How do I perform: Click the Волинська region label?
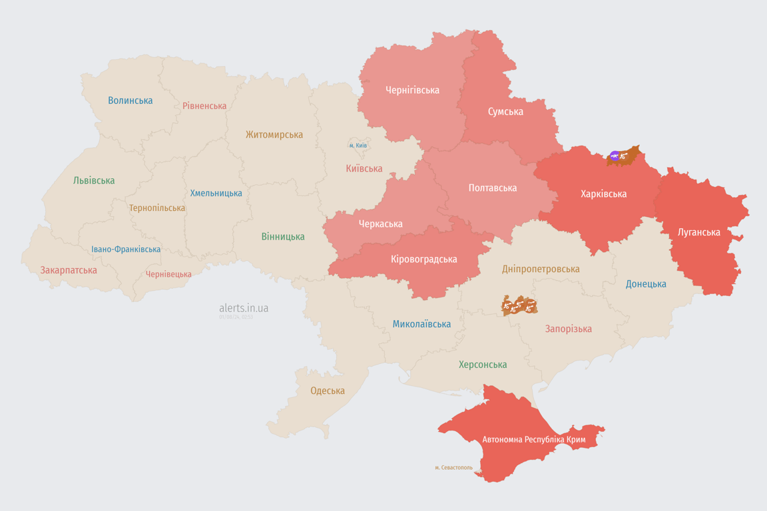point(130,100)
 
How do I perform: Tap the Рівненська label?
point(204,106)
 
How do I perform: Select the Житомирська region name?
point(274,134)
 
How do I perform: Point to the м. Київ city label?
point(358,145)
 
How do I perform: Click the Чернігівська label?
point(412,90)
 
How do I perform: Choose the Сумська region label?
point(505,111)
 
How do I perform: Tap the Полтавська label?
point(492,188)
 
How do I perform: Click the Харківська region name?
point(603,194)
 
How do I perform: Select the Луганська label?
point(698,232)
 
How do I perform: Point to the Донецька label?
point(646,284)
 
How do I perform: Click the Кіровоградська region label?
point(423,259)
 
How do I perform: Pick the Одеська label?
point(328,391)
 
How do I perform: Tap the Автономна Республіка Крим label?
point(534,439)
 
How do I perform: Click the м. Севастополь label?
point(453,468)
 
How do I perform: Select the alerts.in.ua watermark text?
point(244,308)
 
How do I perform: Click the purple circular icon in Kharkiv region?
point(614,156)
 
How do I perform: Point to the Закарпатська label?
point(69,270)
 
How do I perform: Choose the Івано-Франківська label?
point(126,250)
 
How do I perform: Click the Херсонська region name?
point(483,365)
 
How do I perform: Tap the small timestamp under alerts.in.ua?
point(236,317)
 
